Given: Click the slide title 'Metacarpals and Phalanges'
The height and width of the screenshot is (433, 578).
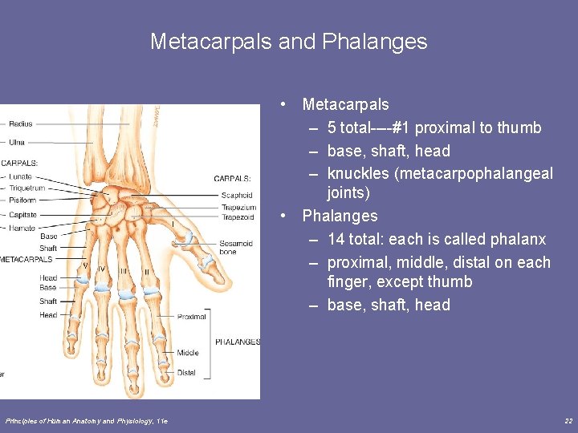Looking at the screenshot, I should tap(288, 42).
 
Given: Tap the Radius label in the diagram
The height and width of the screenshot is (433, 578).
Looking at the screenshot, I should tap(21, 124).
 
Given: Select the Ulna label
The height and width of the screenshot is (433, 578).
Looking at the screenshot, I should tap(18, 143).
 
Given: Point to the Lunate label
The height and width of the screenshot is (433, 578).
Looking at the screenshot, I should tap(21, 176).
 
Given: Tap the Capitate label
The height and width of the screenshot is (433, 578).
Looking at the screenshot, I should tap(22, 215).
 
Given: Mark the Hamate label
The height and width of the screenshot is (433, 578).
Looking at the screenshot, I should tap(22, 228).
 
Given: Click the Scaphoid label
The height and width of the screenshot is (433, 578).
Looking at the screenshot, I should tap(237, 195).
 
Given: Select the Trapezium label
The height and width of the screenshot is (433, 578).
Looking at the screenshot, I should tap(238, 207).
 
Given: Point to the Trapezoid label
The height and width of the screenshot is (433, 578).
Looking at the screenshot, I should tap(238, 217).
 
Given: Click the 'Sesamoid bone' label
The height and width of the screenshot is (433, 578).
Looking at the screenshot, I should tap(236, 248).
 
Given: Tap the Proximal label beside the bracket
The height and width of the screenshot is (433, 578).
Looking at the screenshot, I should tap(192, 317).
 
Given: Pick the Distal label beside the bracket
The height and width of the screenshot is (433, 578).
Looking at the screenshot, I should tap(186, 372).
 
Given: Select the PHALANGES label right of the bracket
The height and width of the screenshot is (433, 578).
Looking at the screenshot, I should tap(238, 342).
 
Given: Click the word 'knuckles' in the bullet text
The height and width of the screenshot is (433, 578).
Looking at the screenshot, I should tap(357, 174).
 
